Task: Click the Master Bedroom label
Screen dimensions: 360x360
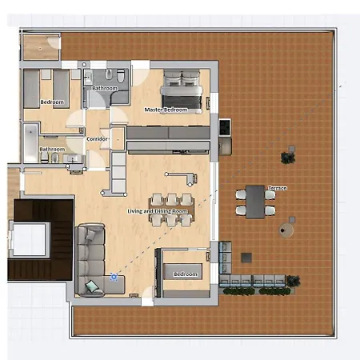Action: click(166, 110)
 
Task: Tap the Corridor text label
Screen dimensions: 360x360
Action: click(98, 139)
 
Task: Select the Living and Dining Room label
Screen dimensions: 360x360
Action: click(158, 211)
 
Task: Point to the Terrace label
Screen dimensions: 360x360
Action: click(278, 188)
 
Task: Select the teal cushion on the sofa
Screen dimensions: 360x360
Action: click(94, 286)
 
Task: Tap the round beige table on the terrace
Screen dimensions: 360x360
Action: click(286, 230)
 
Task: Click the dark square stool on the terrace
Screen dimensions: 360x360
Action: click(246, 258)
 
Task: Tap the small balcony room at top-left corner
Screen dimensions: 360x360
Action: click(40, 46)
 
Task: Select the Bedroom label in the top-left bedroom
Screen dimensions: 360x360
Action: click(53, 102)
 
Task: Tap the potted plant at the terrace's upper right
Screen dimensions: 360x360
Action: click(289, 155)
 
